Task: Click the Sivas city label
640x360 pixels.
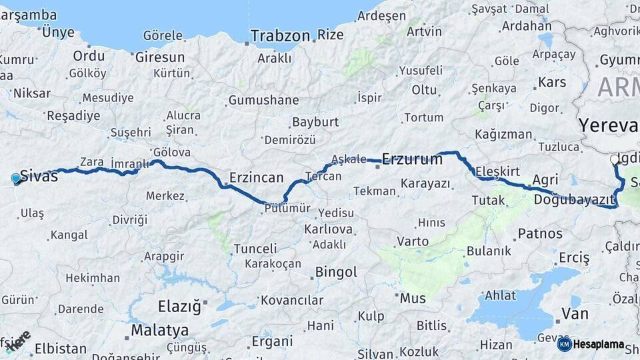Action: point(39,176)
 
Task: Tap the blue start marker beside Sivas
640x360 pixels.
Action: point(16,179)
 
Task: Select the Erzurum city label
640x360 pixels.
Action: point(412,159)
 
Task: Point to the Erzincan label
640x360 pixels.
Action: point(256,178)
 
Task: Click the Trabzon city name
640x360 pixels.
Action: point(280,35)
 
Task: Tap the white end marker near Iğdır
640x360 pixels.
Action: point(614,160)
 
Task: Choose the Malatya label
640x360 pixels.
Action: point(159,330)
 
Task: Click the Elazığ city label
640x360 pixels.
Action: point(179,307)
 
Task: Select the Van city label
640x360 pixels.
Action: point(575,313)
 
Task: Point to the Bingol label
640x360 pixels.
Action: point(336,272)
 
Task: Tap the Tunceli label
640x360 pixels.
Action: point(255,249)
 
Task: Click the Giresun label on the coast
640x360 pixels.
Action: point(159,57)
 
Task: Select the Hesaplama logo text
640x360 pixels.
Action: point(598,345)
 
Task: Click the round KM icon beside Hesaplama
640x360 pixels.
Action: point(564,344)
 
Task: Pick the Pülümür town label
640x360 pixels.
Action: point(287,208)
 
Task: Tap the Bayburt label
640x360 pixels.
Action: point(315,122)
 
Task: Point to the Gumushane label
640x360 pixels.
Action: point(263,100)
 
